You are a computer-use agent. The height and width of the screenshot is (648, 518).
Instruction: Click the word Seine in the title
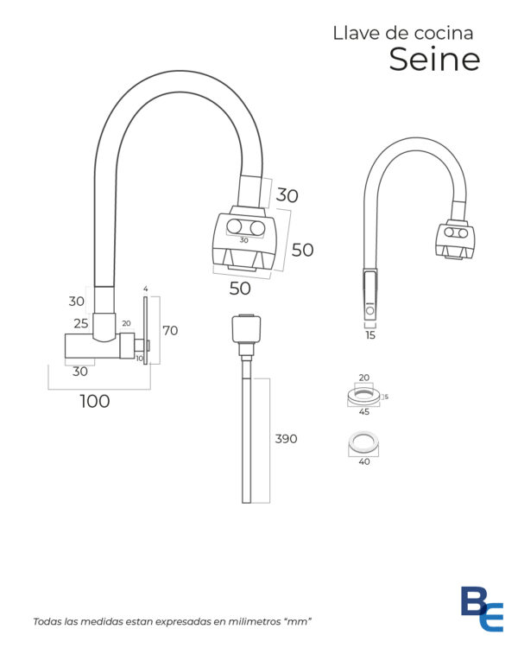[x=434, y=59]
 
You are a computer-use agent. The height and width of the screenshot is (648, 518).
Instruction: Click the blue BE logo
[x=482, y=608]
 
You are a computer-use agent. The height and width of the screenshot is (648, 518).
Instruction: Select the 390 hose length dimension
[x=286, y=438]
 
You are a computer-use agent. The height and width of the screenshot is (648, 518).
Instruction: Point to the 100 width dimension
[x=95, y=401]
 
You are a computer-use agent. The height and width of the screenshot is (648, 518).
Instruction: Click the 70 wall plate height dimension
[x=170, y=331]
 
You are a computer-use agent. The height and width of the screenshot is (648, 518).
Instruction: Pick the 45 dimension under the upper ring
[x=364, y=411]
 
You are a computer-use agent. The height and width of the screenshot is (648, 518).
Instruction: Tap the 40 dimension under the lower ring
[x=364, y=461]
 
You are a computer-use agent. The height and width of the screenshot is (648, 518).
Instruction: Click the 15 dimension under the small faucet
[x=370, y=335]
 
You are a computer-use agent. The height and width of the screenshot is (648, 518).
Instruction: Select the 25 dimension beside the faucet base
[x=81, y=323]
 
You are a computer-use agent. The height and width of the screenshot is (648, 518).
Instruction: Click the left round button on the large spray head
[x=234, y=226]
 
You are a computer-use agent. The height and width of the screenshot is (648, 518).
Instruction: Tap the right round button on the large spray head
[x=257, y=228]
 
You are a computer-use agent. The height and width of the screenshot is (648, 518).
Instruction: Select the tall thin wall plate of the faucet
[x=145, y=330]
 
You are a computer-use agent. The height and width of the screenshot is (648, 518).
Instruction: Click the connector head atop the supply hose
[x=246, y=329]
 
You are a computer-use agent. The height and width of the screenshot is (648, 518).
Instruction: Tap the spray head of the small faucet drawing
[x=455, y=240]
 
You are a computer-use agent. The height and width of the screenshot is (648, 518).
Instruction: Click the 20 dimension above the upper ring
[x=364, y=378]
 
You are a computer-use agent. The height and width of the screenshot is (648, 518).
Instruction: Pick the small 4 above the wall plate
[x=145, y=289]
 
